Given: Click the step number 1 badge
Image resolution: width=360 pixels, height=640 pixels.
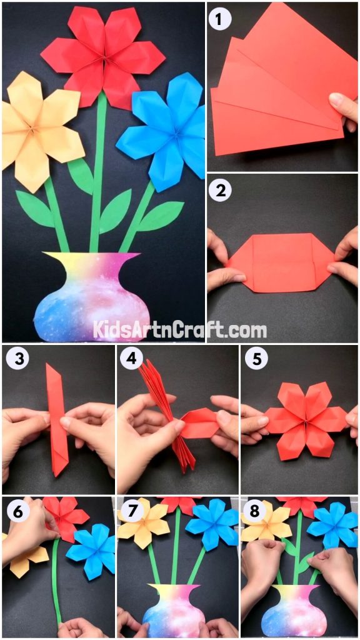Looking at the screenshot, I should [219, 19].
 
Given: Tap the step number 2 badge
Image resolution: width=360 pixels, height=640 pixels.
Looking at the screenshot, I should [219, 191].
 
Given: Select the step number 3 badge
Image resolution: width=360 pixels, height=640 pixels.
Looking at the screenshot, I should [17, 359].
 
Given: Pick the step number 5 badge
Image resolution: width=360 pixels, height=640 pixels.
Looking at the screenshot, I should [254, 359].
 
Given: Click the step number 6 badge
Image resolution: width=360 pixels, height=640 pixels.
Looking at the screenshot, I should [17, 511].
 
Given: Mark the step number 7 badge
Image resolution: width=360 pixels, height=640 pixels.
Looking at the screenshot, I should [131, 511].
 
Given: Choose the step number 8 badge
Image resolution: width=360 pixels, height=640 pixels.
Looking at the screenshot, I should [254, 511].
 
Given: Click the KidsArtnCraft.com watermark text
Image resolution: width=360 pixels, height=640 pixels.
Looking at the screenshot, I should [180, 329].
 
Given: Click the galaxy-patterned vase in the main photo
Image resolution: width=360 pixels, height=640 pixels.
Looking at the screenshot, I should [92, 297].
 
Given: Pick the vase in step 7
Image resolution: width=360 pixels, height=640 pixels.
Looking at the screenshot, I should [174, 609].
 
